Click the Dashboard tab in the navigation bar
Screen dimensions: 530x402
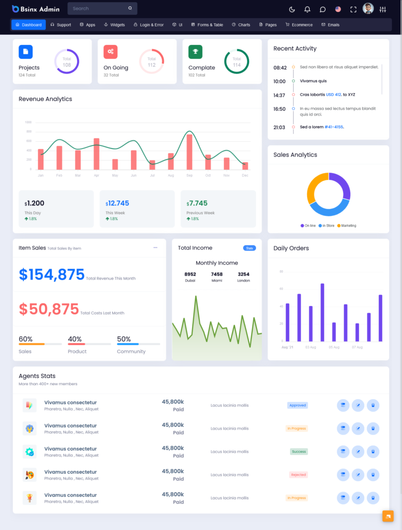click(28, 25)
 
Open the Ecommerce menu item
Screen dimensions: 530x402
click(299, 25)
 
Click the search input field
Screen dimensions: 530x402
click(98, 9)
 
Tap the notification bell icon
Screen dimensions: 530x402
click(307, 9)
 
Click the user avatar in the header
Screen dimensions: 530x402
click(368, 9)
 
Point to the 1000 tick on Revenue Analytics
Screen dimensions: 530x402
click(28, 123)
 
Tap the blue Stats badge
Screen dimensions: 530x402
click(250, 248)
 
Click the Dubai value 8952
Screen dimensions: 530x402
click(190, 274)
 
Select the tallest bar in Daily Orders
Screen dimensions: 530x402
click(322, 313)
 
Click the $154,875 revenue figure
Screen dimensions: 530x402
click(52, 275)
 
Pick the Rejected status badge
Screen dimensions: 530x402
click(298, 475)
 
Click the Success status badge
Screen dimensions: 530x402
click(298, 451)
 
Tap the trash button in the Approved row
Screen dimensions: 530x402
click(372, 405)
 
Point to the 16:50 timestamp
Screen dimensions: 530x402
click(279, 109)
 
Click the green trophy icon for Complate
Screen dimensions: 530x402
click(195, 52)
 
